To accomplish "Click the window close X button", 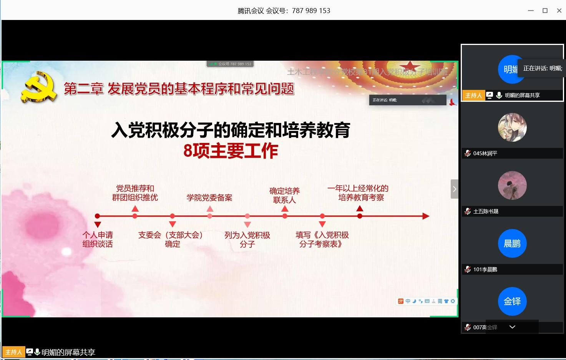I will click(559, 11).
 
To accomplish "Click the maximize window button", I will click(545, 11).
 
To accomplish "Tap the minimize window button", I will click(531, 11).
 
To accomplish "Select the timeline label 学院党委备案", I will click(209, 198).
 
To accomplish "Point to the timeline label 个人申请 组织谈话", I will click(98, 239).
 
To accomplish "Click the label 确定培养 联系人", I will click(284, 195).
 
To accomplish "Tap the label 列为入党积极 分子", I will click(247, 239).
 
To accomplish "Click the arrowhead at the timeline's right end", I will click(425, 216).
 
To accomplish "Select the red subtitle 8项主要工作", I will click(231, 151).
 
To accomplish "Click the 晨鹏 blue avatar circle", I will click(512, 244).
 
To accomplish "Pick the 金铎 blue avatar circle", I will click(512, 301).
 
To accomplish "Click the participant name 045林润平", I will click(485, 153).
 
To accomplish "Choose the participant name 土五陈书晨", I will click(486, 211).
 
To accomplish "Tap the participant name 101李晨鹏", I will click(485, 269).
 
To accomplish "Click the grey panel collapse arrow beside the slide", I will click(455, 189).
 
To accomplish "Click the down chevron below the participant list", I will click(512, 327).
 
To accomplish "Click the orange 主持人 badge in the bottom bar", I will click(13, 352).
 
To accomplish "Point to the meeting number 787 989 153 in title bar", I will click(311, 11).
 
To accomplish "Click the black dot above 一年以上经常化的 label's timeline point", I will click(360, 216).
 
